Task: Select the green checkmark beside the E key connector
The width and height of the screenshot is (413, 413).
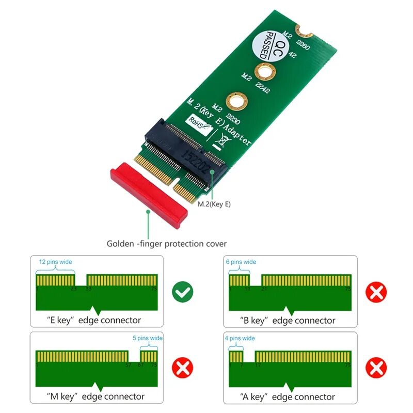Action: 183,292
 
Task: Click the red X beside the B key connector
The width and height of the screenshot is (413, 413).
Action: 376,292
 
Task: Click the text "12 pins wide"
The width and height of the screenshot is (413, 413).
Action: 56,262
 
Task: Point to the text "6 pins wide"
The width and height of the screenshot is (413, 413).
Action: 241,262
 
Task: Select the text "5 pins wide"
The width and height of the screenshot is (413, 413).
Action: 147,338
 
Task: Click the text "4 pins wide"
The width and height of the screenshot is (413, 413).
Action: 240,338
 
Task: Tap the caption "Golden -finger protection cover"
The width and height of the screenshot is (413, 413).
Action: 167,243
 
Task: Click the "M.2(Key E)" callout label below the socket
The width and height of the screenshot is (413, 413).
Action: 214,204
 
